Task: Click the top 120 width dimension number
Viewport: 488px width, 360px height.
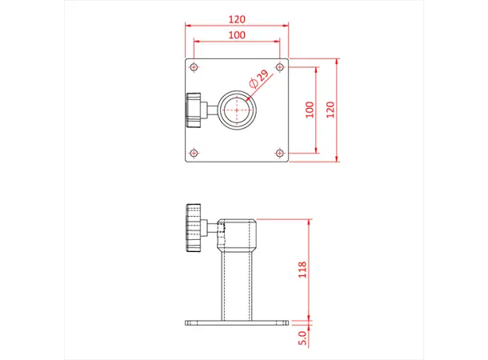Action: (x=237, y=18)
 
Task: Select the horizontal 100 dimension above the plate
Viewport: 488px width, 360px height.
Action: (x=237, y=36)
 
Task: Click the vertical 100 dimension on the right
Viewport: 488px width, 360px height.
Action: (x=310, y=110)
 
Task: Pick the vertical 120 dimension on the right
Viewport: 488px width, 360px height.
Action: (x=331, y=110)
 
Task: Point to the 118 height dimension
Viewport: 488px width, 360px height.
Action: (x=302, y=270)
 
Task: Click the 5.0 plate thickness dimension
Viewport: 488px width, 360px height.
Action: (x=302, y=337)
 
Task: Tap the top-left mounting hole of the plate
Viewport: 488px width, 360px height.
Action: (x=194, y=67)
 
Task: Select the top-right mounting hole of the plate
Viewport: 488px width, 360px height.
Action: (x=279, y=67)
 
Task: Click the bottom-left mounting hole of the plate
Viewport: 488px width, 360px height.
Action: (x=194, y=153)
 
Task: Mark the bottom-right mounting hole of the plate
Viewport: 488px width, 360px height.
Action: (x=279, y=153)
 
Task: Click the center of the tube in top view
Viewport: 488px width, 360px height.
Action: (x=237, y=110)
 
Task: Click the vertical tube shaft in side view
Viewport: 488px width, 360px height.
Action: (x=237, y=284)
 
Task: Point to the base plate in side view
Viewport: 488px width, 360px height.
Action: (x=237, y=323)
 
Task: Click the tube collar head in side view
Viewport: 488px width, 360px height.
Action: (x=238, y=234)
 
